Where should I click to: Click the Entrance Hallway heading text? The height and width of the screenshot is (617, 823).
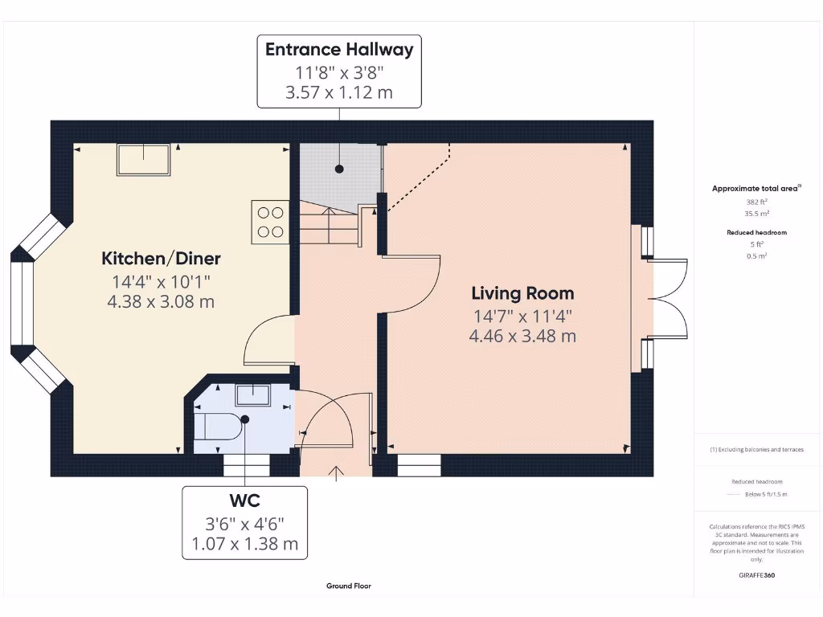[x=338, y=49]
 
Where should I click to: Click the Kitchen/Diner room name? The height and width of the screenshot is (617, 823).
[x=161, y=259]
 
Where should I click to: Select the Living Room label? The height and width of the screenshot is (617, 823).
[x=522, y=293]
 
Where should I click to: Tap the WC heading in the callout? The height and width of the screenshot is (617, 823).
[x=244, y=501]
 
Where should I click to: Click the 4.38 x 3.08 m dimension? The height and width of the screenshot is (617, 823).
[x=161, y=301]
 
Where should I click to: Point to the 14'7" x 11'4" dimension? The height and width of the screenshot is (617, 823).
[x=522, y=316]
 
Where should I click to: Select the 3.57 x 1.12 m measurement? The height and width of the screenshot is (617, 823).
[x=338, y=92]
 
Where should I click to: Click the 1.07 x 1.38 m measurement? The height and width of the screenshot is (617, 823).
[x=244, y=544]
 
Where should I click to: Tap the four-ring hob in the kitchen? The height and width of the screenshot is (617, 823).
[x=270, y=222]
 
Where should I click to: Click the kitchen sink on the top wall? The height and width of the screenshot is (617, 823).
[x=144, y=160]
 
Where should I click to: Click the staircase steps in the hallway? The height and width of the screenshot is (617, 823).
[x=329, y=228]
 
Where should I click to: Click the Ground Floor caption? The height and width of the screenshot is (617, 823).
[x=348, y=586]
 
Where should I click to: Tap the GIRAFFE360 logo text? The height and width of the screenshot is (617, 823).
[x=757, y=575]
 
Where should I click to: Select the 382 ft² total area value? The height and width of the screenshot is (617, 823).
[x=757, y=202]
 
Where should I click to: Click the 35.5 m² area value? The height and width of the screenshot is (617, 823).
[x=757, y=214]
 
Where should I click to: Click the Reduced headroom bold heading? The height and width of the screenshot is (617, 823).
[x=757, y=232]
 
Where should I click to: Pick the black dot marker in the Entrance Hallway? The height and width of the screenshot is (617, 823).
[x=339, y=170]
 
